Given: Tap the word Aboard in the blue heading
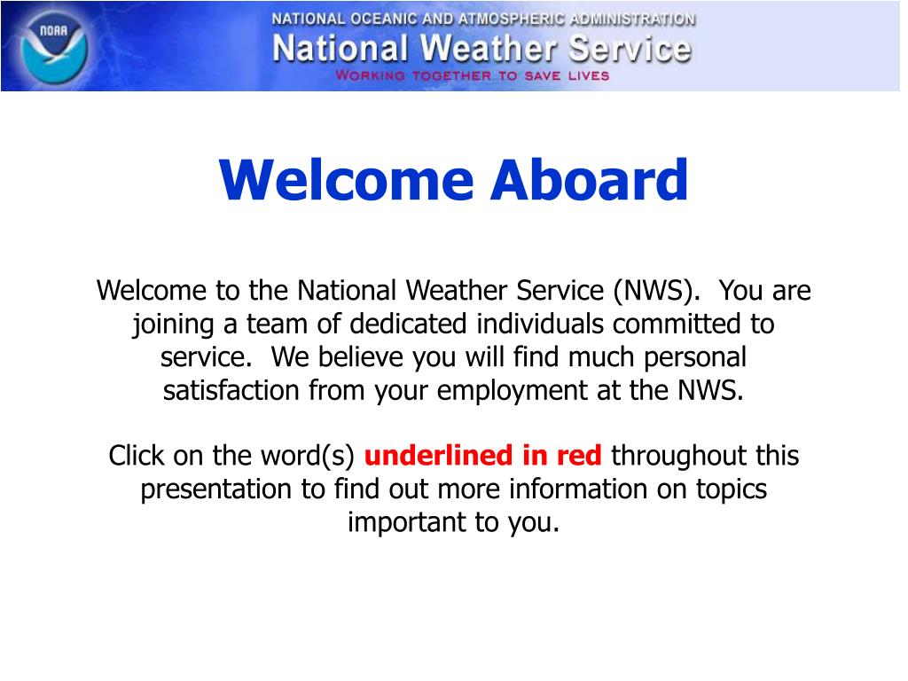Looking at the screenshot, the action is (x=589, y=180).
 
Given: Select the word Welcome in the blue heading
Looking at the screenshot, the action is (x=347, y=180).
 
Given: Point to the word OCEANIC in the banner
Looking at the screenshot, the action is (x=383, y=20).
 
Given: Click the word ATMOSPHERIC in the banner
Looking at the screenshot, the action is (x=512, y=20).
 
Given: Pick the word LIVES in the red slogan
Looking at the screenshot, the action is (x=589, y=76).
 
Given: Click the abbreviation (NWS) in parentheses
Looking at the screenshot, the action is (x=653, y=290).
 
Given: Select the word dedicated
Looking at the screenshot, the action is (x=408, y=323).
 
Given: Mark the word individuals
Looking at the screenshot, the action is (x=540, y=323).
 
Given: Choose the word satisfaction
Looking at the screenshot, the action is (x=231, y=391).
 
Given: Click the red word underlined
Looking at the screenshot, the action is (x=438, y=455).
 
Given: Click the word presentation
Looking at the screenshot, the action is (x=216, y=489).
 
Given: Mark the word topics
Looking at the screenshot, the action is (x=732, y=489).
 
